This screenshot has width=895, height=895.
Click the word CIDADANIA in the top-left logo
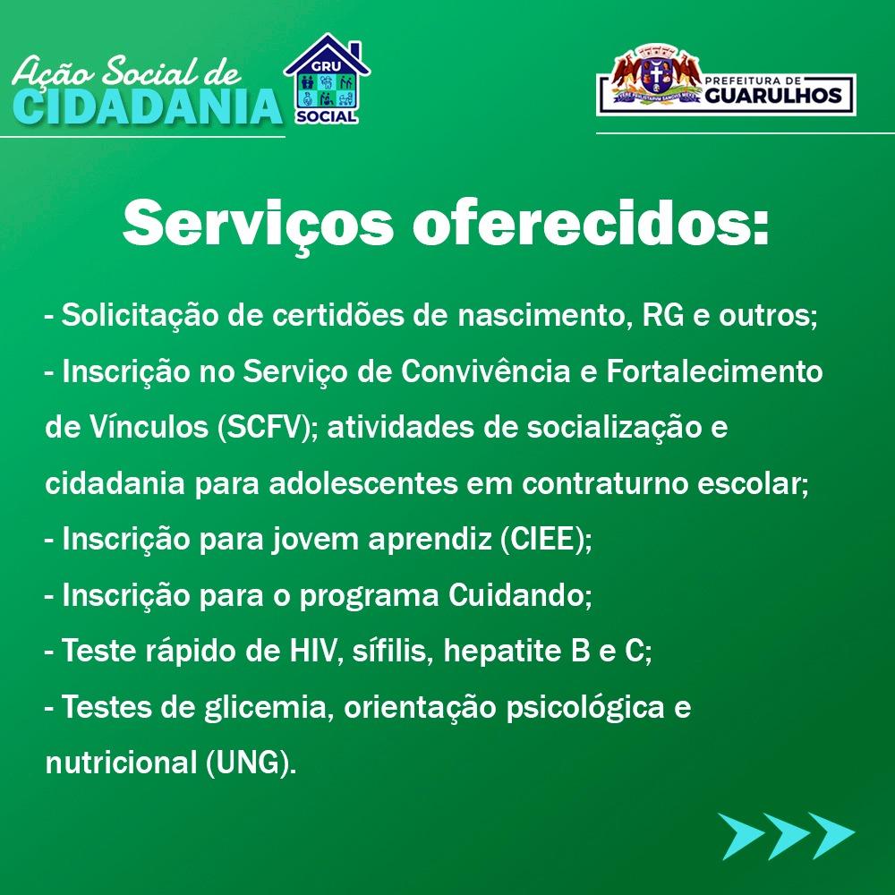coord(148,107)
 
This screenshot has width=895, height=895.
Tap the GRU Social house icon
coord(327,79)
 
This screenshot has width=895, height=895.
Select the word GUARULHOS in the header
coord(773,96)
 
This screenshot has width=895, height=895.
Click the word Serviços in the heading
coord(258,223)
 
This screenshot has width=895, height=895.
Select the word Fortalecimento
coord(714,371)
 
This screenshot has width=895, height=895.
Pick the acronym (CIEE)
coord(547,539)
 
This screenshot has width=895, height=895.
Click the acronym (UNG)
coord(251,763)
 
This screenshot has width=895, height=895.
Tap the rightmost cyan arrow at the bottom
coord(832,836)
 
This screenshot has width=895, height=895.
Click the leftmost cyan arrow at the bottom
coord(741,836)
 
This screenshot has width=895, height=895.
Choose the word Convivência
coord(485,371)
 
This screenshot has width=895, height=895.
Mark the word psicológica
coord(585,708)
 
